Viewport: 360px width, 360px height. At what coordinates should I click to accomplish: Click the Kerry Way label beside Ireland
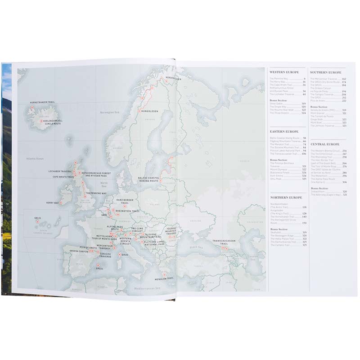53,203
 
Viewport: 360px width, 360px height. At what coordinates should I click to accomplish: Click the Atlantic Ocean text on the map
34,158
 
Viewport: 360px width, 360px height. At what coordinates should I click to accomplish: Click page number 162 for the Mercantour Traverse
344,79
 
